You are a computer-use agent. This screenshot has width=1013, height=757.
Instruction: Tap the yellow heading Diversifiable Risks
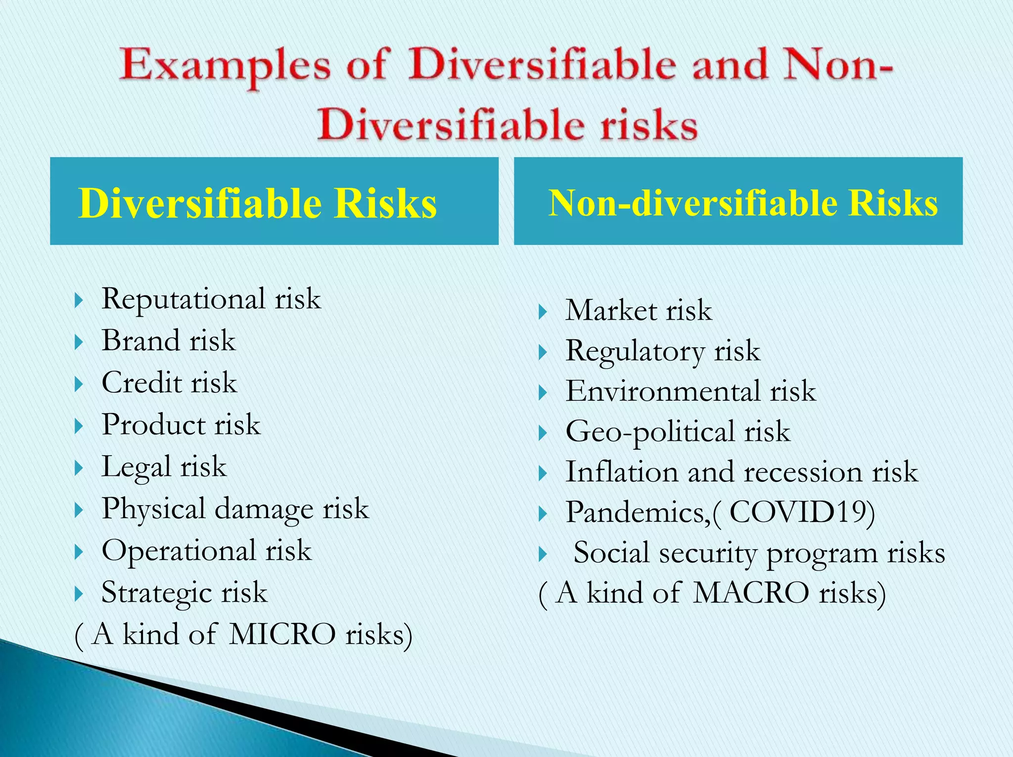(257, 203)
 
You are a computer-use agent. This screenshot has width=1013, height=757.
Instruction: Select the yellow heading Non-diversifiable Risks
(743, 203)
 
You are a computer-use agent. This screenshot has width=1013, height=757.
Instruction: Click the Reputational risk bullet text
(211, 299)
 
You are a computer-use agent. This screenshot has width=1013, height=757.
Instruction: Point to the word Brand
(140, 341)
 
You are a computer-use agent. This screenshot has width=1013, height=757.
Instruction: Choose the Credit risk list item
(169, 383)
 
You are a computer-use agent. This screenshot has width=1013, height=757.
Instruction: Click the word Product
(153, 425)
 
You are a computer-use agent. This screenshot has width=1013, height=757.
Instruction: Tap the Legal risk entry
(164, 467)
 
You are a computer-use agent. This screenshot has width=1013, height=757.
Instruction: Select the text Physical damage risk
(235, 509)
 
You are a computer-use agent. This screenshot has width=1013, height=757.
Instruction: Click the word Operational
(179, 551)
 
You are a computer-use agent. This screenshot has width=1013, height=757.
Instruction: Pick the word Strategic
(156, 593)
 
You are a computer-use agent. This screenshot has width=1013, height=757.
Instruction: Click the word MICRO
(282, 634)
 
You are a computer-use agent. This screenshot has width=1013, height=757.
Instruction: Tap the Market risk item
(638, 311)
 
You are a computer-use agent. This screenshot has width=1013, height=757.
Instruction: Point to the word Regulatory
(635, 351)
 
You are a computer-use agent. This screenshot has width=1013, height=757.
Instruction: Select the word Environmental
(662, 391)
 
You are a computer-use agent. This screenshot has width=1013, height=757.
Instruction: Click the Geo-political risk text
(678, 431)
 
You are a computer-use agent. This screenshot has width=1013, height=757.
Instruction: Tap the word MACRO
(750, 593)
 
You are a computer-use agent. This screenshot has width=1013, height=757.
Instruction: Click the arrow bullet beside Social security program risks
(543, 554)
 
